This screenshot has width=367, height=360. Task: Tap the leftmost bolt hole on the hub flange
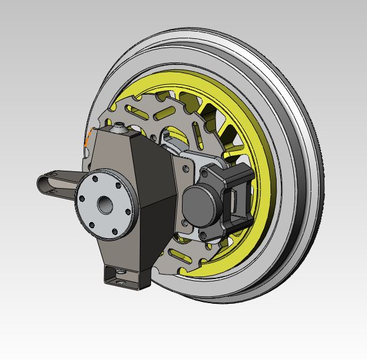[80, 199]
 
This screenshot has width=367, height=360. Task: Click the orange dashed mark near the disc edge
[89, 137]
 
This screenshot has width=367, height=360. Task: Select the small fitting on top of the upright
[119, 129]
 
